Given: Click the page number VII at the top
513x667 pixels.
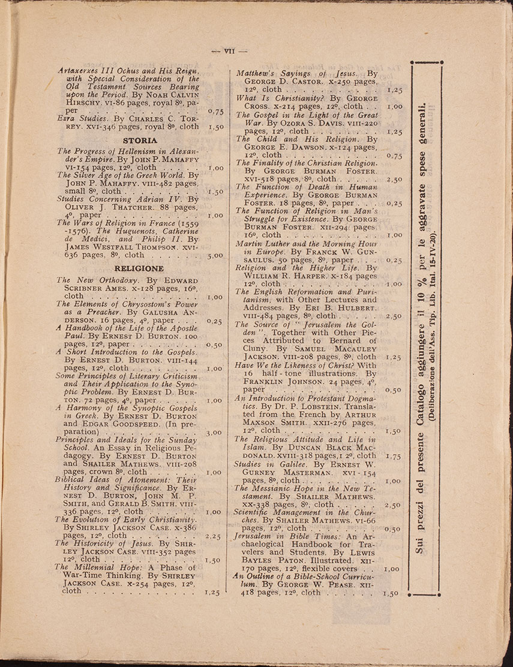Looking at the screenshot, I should [x=229, y=51].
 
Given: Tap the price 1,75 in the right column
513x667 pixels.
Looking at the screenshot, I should [x=394, y=456].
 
